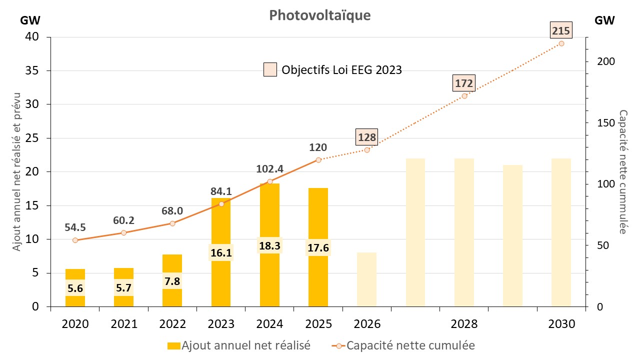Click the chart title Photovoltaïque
click(x=320, y=15)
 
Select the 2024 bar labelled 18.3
click(x=269, y=215)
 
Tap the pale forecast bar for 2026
click(x=366, y=279)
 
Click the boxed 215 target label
click(x=561, y=31)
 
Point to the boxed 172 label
click(x=463, y=83)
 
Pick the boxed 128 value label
click(x=366, y=137)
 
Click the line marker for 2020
click(x=75, y=240)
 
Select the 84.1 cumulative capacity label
click(x=221, y=191)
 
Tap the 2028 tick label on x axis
click(x=464, y=324)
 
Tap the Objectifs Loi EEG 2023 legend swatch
click(x=270, y=69)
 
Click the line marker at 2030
click(x=561, y=43)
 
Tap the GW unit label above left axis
click(x=30, y=20)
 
